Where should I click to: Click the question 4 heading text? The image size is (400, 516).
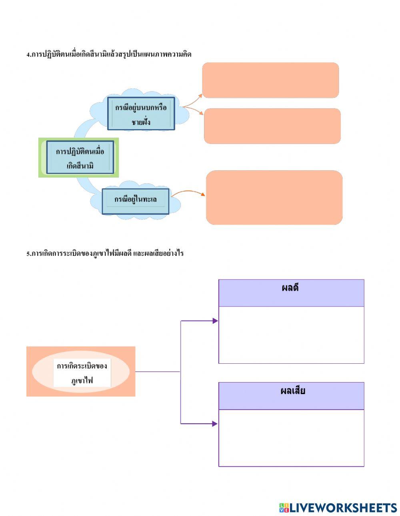[109, 54]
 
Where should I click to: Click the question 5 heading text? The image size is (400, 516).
[105, 253]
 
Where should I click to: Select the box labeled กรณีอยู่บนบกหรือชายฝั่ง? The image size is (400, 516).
[141, 114]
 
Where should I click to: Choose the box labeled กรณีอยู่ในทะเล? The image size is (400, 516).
[136, 199]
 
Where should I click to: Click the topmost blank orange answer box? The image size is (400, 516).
[270, 80]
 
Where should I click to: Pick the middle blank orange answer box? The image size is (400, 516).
[272, 126]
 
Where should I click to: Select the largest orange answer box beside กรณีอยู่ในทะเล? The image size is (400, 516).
[274, 197]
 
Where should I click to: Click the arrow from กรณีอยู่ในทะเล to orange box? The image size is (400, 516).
[188, 193]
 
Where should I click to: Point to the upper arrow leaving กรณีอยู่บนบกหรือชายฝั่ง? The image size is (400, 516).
[193, 100]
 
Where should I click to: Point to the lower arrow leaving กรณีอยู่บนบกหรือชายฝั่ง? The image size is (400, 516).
[194, 110]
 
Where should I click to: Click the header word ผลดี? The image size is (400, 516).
[290, 288]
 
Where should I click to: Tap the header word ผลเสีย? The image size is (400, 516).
[293, 390]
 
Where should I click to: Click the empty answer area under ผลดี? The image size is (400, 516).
[291, 335]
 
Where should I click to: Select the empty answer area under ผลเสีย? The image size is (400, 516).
[291, 438]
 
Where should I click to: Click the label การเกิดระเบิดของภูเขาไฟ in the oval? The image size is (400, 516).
[82, 373]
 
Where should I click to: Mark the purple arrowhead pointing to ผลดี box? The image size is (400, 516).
[215, 321]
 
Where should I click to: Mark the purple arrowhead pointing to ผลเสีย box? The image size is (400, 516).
[215, 424]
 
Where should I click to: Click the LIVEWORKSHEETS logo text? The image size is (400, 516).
[343, 508]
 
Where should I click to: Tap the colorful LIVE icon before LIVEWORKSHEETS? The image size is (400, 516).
[284, 508]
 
